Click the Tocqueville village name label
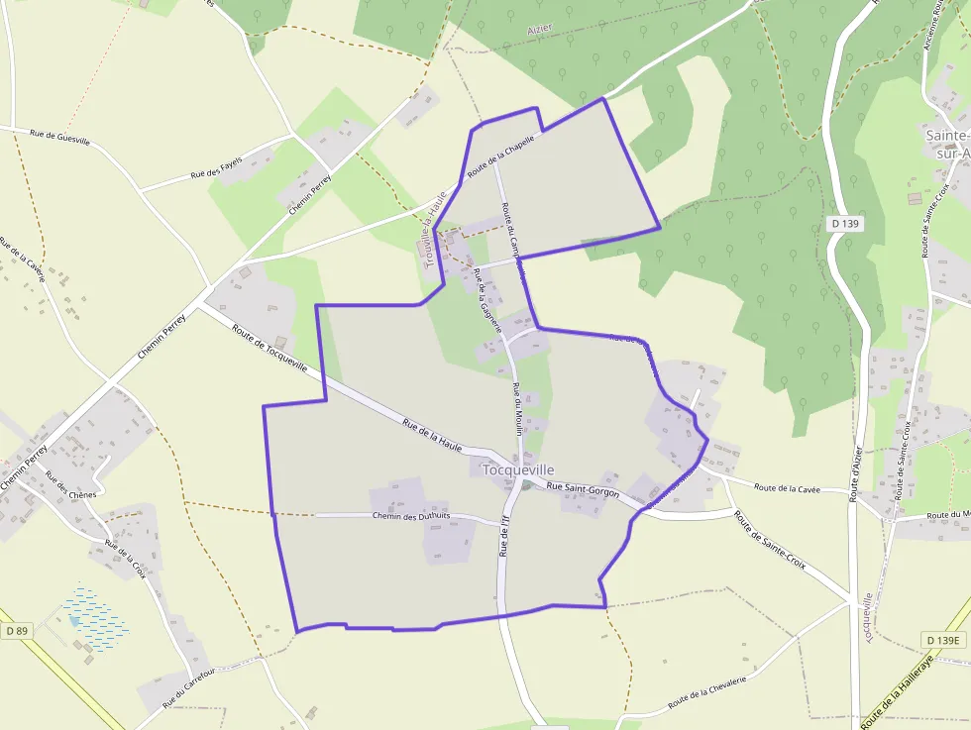(518, 469)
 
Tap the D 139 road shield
(846, 224)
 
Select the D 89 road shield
(16, 630)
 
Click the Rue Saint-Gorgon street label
(583, 489)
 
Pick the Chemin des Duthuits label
(411, 516)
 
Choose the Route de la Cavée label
(787, 487)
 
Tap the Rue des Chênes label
(69, 486)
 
